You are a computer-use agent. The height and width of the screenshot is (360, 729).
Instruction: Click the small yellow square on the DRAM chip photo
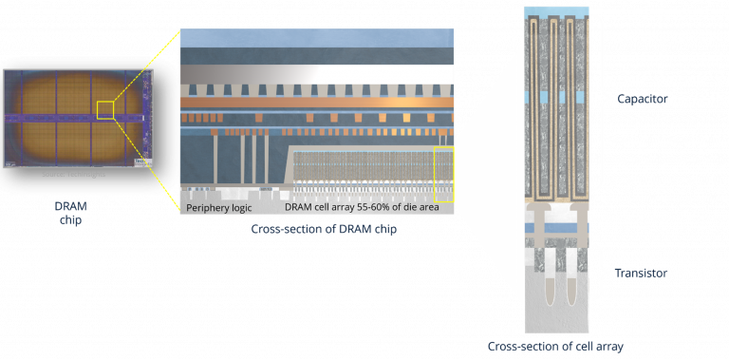tap(104, 110)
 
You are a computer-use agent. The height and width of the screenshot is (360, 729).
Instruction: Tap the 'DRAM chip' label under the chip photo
tap(68, 212)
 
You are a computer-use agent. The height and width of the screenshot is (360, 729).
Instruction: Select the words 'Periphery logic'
tap(219, 207)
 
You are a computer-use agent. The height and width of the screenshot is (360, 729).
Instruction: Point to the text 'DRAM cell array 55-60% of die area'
tap(362, 207)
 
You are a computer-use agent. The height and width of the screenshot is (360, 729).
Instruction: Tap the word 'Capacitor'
tap(643, 99)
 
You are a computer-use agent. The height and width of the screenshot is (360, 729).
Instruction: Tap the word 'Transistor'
tap(641, 273)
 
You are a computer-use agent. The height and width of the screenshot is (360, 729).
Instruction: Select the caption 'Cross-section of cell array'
tap(554, 347)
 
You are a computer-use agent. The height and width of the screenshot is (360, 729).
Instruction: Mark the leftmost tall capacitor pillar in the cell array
tap(537, 104)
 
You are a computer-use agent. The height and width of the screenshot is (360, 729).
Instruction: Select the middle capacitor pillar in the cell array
tap(554, 104)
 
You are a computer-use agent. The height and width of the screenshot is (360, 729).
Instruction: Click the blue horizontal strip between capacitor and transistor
tap(555, 228)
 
